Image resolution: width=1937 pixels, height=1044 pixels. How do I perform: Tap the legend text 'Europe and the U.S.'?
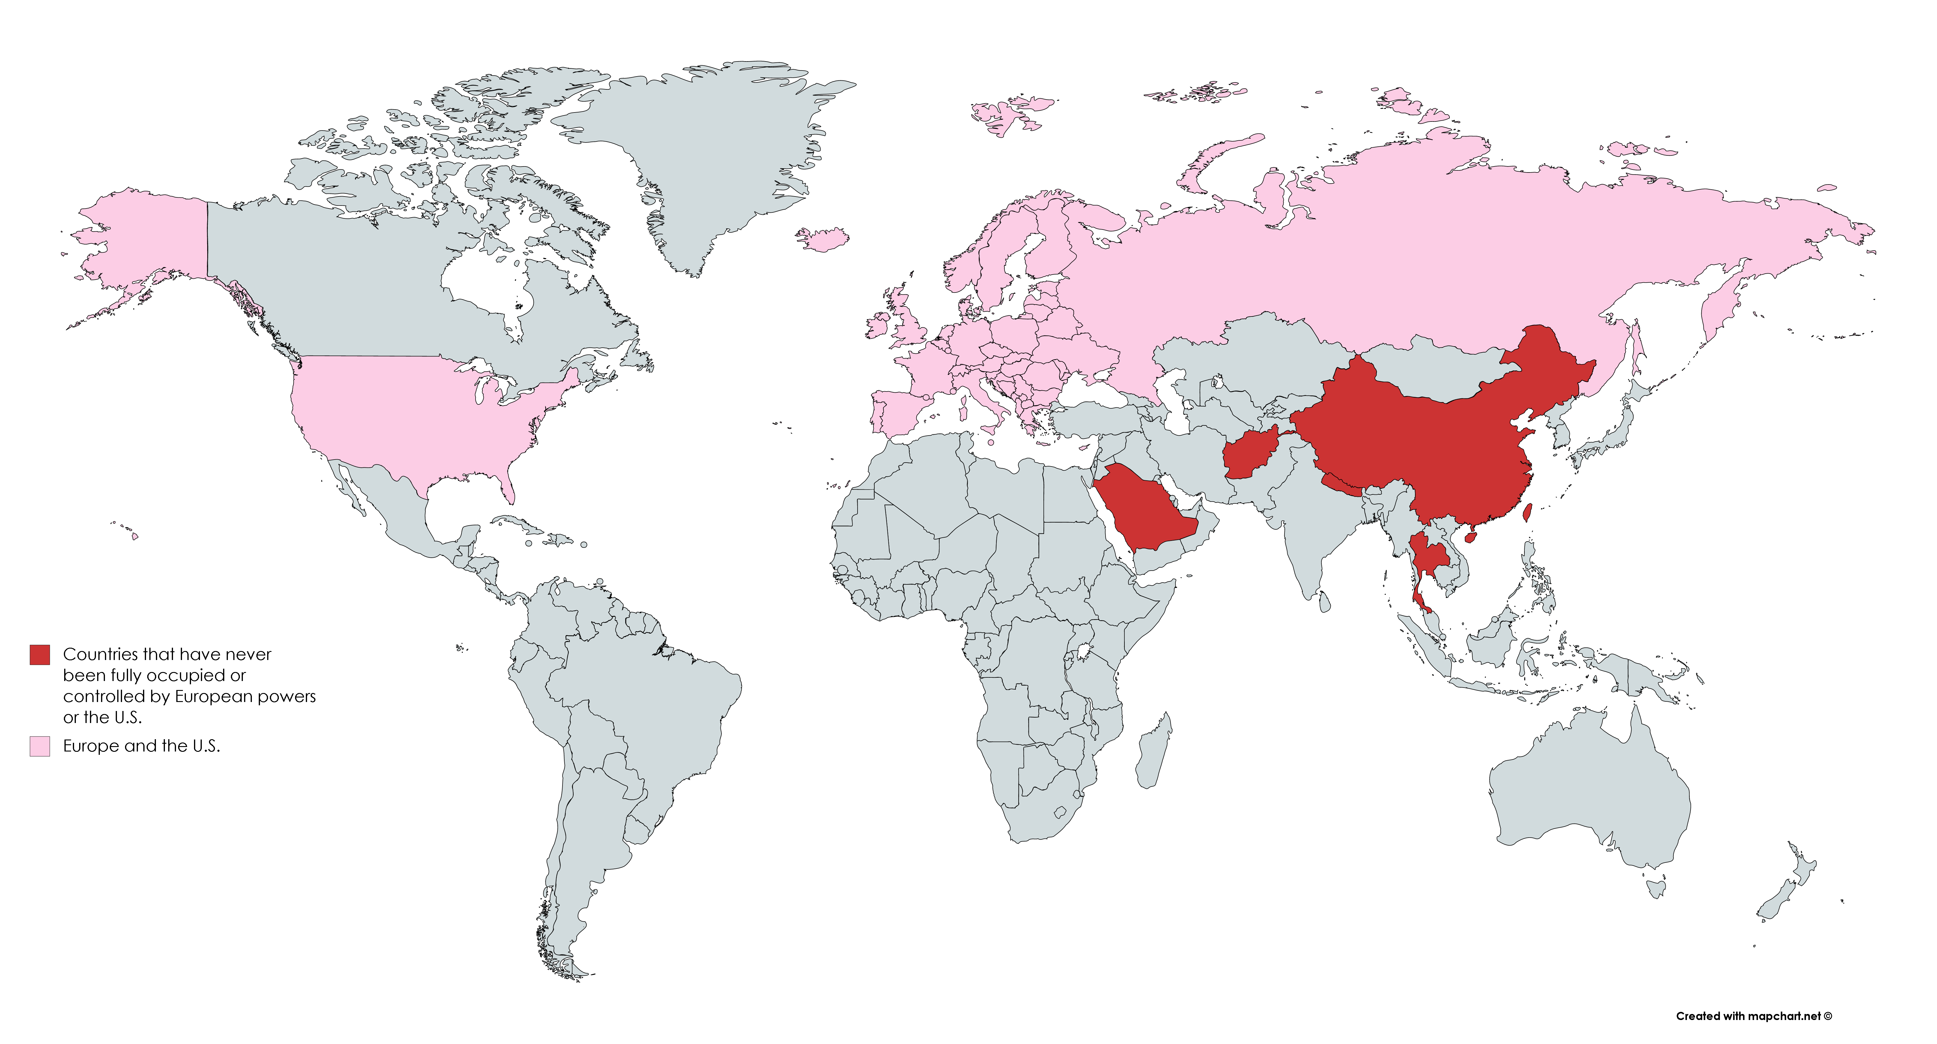point(141,746)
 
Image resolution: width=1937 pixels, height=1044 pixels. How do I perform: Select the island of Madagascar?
point(1153,752)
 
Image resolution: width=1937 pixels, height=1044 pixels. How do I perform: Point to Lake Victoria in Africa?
point(1083,651)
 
